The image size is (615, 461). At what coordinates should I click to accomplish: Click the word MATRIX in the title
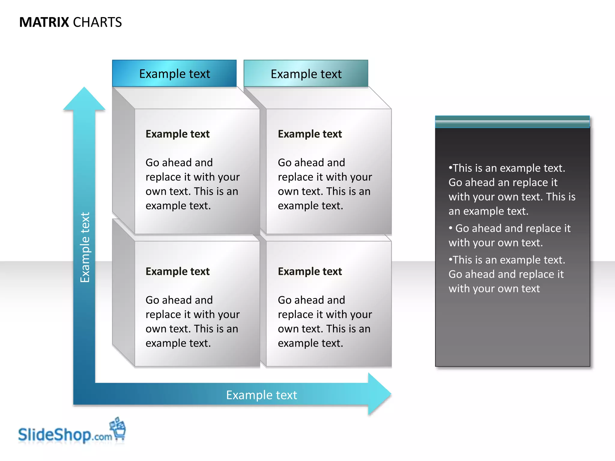click(44, 23)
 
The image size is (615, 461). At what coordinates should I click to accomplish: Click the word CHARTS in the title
click(97, 23)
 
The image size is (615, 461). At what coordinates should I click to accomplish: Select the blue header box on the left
click(174, 74)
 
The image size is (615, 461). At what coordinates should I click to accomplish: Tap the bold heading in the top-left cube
click(177, 134)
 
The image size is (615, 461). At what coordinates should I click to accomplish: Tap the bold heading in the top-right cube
click(310, 134)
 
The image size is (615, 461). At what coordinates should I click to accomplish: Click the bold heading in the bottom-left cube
click(177, 271)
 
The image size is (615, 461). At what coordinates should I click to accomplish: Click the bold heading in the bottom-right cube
click(310, 271)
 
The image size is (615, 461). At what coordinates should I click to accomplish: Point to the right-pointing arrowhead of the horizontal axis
click(379, 394)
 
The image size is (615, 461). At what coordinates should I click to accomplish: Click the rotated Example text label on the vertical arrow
click(85, 247)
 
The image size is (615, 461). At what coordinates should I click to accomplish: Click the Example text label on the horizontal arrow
click(261, 395)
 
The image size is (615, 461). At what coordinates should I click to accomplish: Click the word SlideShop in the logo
click(54, 435)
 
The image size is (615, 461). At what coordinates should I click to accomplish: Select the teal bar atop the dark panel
click(512, 122)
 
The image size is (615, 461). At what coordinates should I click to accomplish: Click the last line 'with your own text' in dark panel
click(494, 289)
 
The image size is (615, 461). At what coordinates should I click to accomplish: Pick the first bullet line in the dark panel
click(507, 168)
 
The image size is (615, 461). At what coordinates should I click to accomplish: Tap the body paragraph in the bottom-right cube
click(324, 321)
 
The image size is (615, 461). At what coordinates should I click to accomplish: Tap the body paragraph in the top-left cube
click(192, 184)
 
